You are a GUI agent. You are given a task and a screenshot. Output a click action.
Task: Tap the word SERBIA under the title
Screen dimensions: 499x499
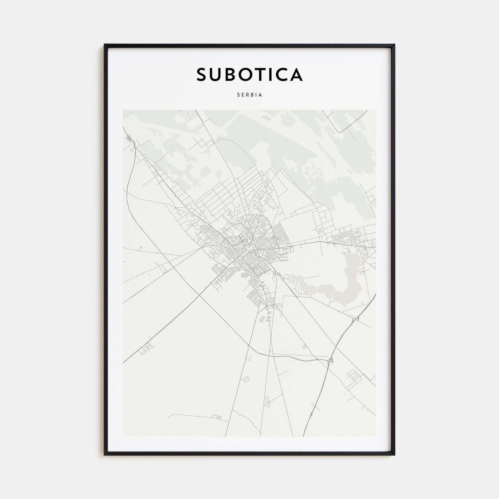coord(249,95)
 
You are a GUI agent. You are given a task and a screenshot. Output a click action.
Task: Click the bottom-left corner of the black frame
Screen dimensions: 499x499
coord(105,455)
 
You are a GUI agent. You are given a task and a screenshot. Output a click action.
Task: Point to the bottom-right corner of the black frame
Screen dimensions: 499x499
coord(394,455)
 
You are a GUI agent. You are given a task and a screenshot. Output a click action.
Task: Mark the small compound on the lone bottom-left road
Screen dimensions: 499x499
coord(215,416)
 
